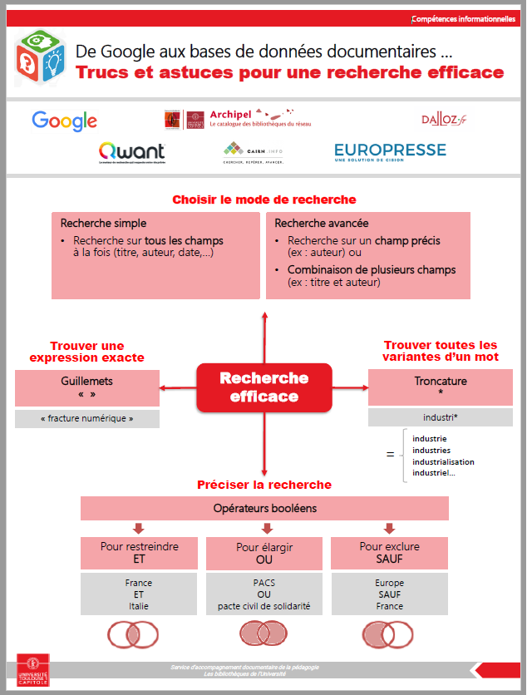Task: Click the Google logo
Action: (x=65, y=121)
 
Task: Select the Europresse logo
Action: (x=390, y=152)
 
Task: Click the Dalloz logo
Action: (x=444, y=120)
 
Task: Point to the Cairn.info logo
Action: (x=254, y=152)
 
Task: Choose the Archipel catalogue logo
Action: (x=229, y=118)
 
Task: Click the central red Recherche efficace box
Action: (x=264, y=387)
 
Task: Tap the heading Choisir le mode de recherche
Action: (x=264, y=200)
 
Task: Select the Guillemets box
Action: (x=87, y=387)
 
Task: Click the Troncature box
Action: (x=441, y=387)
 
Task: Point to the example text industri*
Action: (x=441, y=418)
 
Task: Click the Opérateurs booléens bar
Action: (x=264, y=508)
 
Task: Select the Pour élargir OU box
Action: (x=264, y=554)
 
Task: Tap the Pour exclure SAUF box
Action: (x=389, y=554)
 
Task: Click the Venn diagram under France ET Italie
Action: (x=133, y=635)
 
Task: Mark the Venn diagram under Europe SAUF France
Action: (x=389, y=635)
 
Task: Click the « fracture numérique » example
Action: (x=87, y=419)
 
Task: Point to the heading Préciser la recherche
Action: (x=264, y=485)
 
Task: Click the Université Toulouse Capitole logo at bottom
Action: (x=32, y=672)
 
